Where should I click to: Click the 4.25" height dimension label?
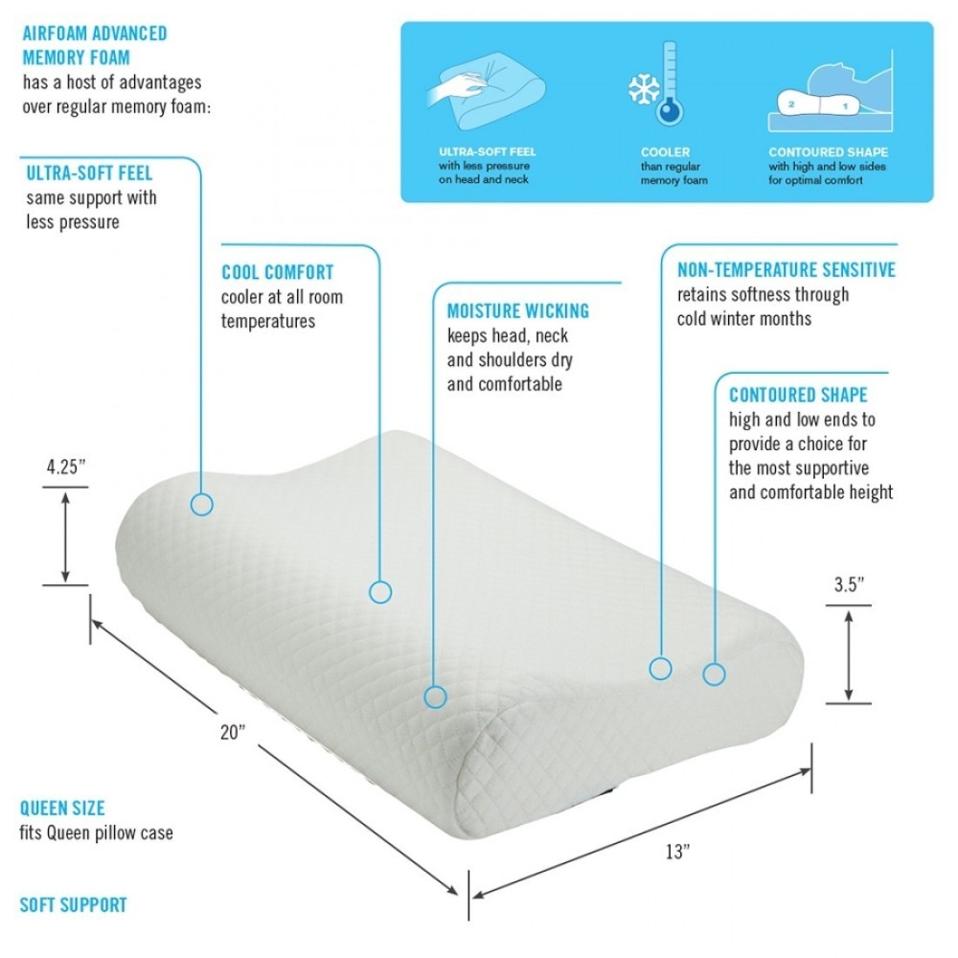pyautogui.click(x=66, y=467)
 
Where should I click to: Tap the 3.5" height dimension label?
pyautogui.click(x=849, y=584)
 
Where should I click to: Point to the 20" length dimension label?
pyautogui.click(x=233, y=731)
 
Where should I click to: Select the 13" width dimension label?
pyautogui.click(x=677, y=851)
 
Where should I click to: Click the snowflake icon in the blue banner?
pyautogui.click(x=644, y=89)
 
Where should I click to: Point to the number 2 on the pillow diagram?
pyautogui.click(x=791, y=104)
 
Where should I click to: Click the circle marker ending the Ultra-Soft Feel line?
pyautogui.click(x=201, y=505)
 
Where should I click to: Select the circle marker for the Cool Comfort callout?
pyautogui.click(x=380, y=592)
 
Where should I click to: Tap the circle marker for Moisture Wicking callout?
pyautogui.click(x=435, y=696)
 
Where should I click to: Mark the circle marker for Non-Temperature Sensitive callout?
pyautogui.click(x=660, y=669)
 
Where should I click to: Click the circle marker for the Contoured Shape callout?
pyautogui.click(x=715, y=674)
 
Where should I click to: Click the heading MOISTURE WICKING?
pyautogui.click(x=518, y=311)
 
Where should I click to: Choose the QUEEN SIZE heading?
pyautogui.click(x=62, y=809)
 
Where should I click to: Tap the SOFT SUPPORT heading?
pyautogui.click(x=74, y=905)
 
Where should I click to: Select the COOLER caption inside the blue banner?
pyautogui.click(x=666, y=152)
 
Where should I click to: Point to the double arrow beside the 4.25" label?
pyautogui.click(x=65, y=536)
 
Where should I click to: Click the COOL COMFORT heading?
pyautogui.click(x=278, y=272)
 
